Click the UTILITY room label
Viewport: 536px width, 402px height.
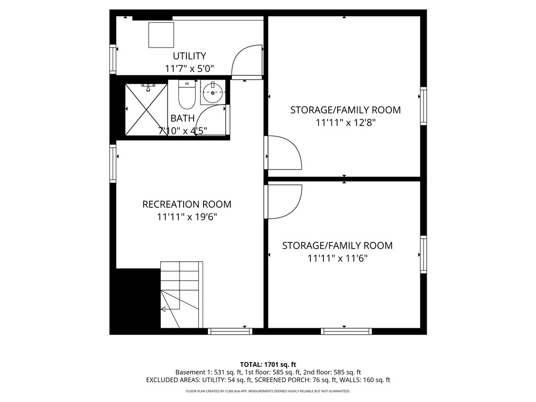click(189, 56)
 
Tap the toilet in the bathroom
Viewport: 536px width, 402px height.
click(186, 94)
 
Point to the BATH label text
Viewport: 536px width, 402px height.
click(182, 119)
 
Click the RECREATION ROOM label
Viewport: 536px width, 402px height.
click(187, 204)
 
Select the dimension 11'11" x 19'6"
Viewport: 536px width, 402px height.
click(187, 217)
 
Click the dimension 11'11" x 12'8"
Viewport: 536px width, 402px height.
click(345, 122)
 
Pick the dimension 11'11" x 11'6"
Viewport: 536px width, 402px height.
click(338, 258)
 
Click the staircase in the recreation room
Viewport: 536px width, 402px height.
click(181, 295)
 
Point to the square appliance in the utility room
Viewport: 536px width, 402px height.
click(160, 35)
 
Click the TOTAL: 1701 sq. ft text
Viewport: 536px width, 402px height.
click(268, 364)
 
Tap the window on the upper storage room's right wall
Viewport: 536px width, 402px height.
click(423, 106)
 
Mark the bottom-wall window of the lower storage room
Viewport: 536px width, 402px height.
click(346, 331)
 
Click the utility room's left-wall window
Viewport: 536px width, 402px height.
click(113, 59)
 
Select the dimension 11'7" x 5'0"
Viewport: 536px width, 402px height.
click(189, 69)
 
